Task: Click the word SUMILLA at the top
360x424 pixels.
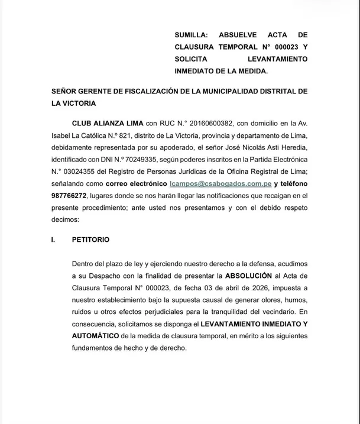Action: coord(191,35)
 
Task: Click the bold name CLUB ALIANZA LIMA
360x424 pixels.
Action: coord(107,124)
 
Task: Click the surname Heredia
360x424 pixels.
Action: coord(290,148)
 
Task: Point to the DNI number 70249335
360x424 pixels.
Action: coord(144,160)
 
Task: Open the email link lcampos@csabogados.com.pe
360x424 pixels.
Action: coord(220,184)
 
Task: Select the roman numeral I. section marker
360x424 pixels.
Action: coord(54,240)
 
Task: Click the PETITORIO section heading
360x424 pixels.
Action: coord(90,240)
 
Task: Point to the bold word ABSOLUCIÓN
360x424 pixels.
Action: coord(248,276)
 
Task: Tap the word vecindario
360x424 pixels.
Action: coord(274,312)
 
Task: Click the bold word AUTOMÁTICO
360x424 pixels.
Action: coord(95,336)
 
